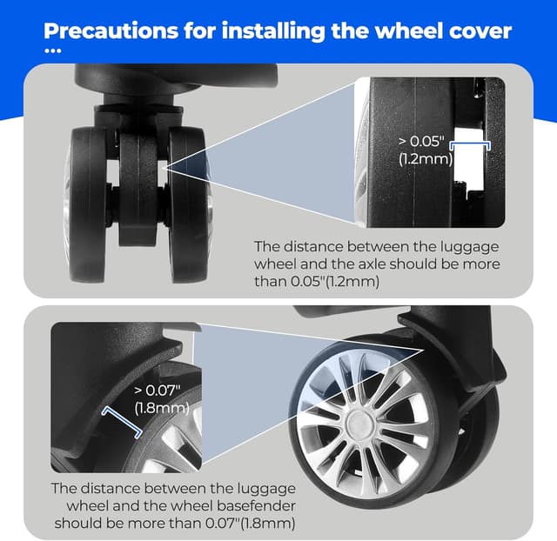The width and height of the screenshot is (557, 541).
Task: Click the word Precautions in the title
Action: click(x=111, y=31)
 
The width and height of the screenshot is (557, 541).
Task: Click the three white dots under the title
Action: click(x=53, y=50)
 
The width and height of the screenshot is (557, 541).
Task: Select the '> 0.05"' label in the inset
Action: click(x=421, y=141)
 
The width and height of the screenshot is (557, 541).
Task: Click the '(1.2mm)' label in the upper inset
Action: click(x=426, y=158)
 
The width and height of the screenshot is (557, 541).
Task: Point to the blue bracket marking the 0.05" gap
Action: click(x=470, y=143)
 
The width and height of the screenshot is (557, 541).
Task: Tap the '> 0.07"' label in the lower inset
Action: click(x=158, y=391)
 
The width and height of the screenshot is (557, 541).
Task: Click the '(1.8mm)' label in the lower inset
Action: click(x=162, y=408)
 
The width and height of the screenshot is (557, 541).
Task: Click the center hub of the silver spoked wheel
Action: click(x=359, y=424)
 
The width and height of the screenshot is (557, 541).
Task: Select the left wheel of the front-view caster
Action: click(x=87, y=204)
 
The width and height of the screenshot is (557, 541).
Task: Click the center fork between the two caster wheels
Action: click(x=138, y=188)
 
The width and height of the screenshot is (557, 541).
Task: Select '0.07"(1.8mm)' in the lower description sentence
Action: click(x=250, y=524)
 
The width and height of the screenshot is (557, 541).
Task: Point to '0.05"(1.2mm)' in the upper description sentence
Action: click(x=335, y=282)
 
